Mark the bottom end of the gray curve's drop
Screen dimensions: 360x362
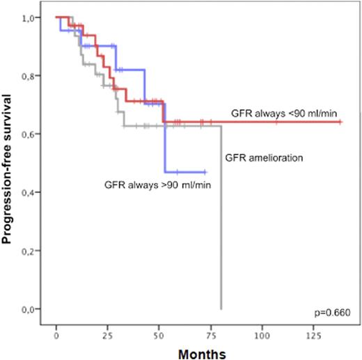point(221,308)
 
